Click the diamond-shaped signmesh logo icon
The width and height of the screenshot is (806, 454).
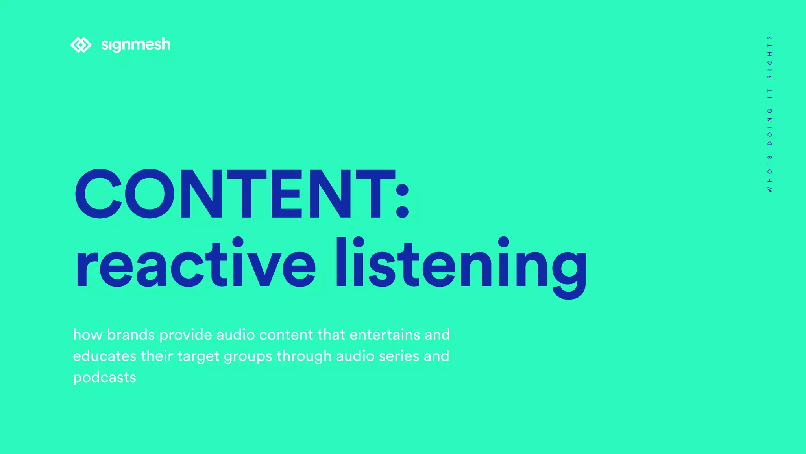tap(81, 45)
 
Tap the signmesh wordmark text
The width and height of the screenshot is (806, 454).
tap(136, 45)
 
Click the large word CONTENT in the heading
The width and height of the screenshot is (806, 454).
tap(234, 194)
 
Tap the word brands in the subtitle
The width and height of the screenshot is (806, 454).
tap(131, 335)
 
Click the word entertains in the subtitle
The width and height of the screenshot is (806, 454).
tap(385, 335)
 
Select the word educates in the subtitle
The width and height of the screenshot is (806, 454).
tap(105, 356)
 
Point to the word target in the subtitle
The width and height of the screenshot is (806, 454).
tap(198, 357)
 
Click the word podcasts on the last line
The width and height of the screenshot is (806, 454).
tap(105, 378)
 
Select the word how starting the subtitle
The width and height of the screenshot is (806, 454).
tap(87, 335)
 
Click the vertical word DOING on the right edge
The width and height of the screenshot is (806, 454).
tap(770, 127)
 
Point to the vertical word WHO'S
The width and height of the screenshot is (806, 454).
tap(770, 174)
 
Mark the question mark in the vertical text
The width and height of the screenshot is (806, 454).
tap(770, 37)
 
